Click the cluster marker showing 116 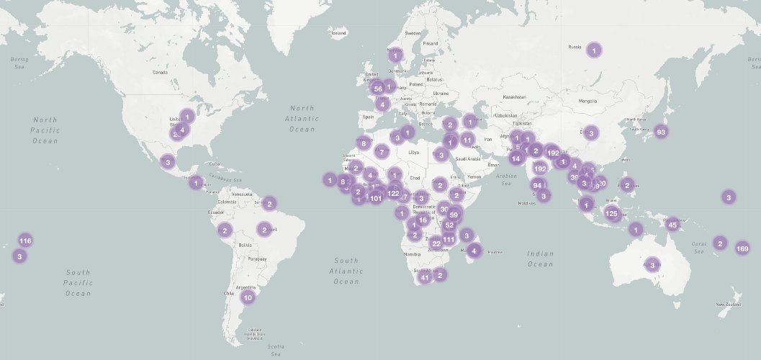pos(25,240)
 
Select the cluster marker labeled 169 pos(742,248)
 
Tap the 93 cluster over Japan pos(660,132)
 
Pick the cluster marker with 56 pos(378,89)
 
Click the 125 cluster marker pos(612,213)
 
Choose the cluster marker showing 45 pos(673,225)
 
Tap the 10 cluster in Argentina pos(248,297)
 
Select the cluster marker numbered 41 pos(425,277)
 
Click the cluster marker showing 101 pos(376,198)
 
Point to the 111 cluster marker pos(449,239)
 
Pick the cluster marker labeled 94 pos(537,185)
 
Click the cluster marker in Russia pos(594,50)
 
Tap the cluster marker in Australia pos(652,265)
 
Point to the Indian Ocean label pos(540,258)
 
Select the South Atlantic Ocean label pos(346,271)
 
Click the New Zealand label pos(728,305)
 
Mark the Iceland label pos(338,33)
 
